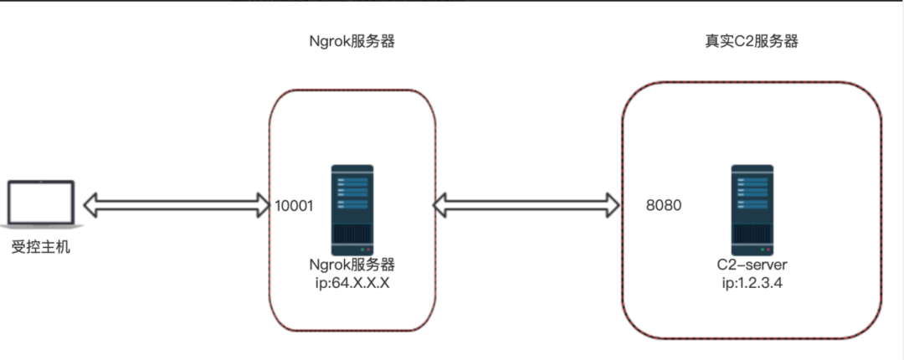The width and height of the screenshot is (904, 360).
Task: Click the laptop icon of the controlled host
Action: click(39, 203)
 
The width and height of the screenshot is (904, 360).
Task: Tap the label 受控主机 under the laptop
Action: click(40, 247)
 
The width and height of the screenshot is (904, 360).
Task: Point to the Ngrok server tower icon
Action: click(352, 210)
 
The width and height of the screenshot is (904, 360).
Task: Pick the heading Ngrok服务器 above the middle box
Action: click(352, 42)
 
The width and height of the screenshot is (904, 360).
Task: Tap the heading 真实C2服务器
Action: click(751, 42)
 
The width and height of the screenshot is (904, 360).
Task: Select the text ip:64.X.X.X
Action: click(352, 282)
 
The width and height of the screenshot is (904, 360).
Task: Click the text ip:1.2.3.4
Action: click(751, 282)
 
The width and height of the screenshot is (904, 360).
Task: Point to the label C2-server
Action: click(751, 265)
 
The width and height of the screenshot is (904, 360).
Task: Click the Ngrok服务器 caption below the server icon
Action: click(352, 265)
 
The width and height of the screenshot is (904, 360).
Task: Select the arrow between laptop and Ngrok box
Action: click(175, 203)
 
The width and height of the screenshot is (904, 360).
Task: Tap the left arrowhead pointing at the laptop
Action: click(90, 203)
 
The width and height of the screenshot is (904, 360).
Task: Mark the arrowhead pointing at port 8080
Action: click(614, 203)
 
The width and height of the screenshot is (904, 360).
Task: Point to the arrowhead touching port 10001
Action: click(265, 203)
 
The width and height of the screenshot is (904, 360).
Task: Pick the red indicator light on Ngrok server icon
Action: click(368, 249)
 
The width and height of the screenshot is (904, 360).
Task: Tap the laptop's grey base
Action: click(39, 224)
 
